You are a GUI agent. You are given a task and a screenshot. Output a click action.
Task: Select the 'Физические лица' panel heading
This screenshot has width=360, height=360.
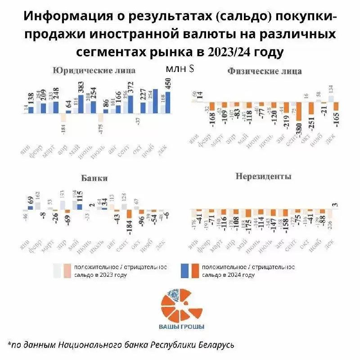coord(265,71)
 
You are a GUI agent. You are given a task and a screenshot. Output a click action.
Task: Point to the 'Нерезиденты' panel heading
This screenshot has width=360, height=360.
coord(263,176)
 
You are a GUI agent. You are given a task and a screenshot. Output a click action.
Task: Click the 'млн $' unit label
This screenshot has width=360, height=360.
coord(180,69)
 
